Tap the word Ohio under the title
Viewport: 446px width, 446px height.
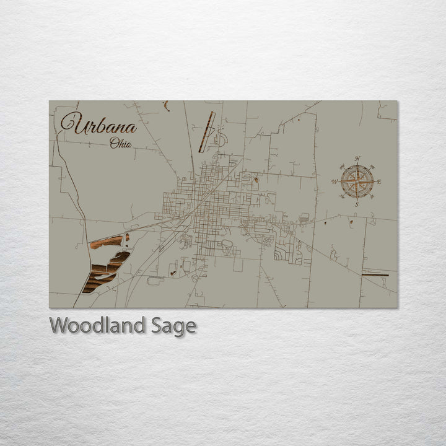tap(120, 144)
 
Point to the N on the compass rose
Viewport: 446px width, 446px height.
tap(357, 159)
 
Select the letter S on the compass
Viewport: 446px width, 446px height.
tap(357, 204)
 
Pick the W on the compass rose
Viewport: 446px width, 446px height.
tap(334, 182)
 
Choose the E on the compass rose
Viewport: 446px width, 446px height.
tap(379, 182)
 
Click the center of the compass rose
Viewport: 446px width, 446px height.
tap(357, 181)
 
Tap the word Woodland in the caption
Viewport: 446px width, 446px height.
tap(97, 325)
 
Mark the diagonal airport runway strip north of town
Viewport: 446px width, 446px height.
tap(207, 131)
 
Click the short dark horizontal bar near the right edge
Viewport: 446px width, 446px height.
tap(375, 274)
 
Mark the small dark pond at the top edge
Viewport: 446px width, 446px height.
tap(166, 106)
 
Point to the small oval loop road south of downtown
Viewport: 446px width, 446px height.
tap(227, 244)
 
